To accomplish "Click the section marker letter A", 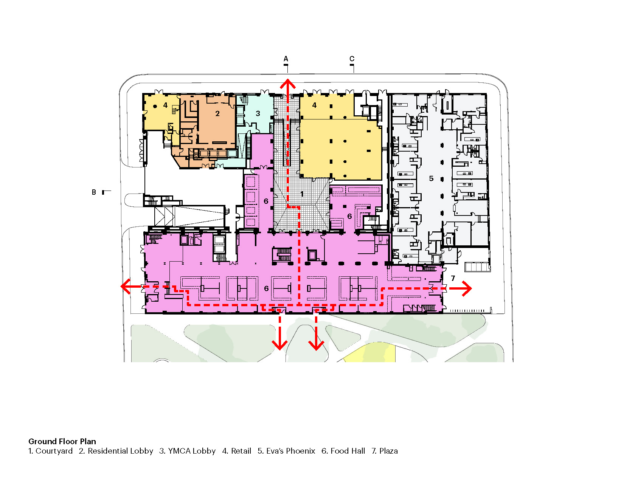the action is (286, 59).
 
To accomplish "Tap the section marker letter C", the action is (352, 59).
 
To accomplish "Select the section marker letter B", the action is (94, 192).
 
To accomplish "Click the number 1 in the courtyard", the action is (302, 194).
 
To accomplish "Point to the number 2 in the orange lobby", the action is (217, 114).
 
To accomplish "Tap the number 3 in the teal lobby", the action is (258, 114).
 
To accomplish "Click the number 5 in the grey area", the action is (431, 178).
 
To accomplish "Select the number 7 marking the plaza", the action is (453, 278).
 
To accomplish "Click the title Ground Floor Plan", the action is (62, 441).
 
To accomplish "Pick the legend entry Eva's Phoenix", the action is (286, 451).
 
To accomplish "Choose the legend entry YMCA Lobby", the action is (187, 451).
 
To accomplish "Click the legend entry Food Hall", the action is (343, 451).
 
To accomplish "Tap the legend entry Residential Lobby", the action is (116, 451).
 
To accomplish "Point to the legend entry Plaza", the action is (385, 451).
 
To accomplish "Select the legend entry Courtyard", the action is (51, 451).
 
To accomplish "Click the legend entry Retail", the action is (237, 451).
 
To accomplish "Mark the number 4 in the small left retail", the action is (165, 105).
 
